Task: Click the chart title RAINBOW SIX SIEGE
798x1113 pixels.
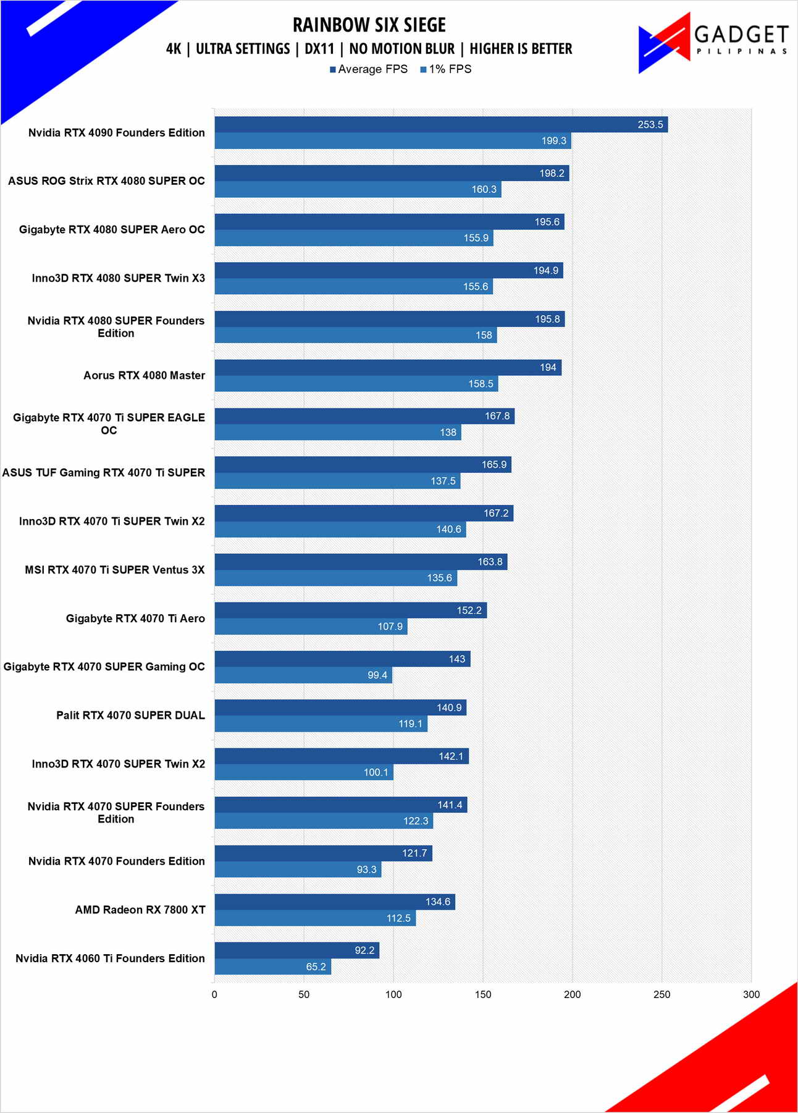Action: [x=369, y=25]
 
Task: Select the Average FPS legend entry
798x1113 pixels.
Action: [x=369, y=69]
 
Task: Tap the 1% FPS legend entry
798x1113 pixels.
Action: [x=446, y=69]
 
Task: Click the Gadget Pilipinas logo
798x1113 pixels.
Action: [x=713, y=43]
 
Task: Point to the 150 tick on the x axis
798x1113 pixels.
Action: [x=483, y=994]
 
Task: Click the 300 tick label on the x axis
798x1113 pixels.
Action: [x=751, y=994]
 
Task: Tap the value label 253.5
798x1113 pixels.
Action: [x=650, y=125]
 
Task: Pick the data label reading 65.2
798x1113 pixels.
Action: [x=316, y=967]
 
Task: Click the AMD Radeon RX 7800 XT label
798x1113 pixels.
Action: [x=140, y=910]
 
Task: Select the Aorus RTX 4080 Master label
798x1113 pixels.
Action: [x=144, y=375]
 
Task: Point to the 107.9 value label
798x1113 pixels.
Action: [x=390, y=627]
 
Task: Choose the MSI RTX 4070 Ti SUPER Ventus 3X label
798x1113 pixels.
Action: [x=114, y=570]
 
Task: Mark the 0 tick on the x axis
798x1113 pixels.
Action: [x=214, y=994]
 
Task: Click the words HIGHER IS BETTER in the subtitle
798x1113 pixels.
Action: [x=521, y=49]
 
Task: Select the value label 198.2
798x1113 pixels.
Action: [x=552, y=173]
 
